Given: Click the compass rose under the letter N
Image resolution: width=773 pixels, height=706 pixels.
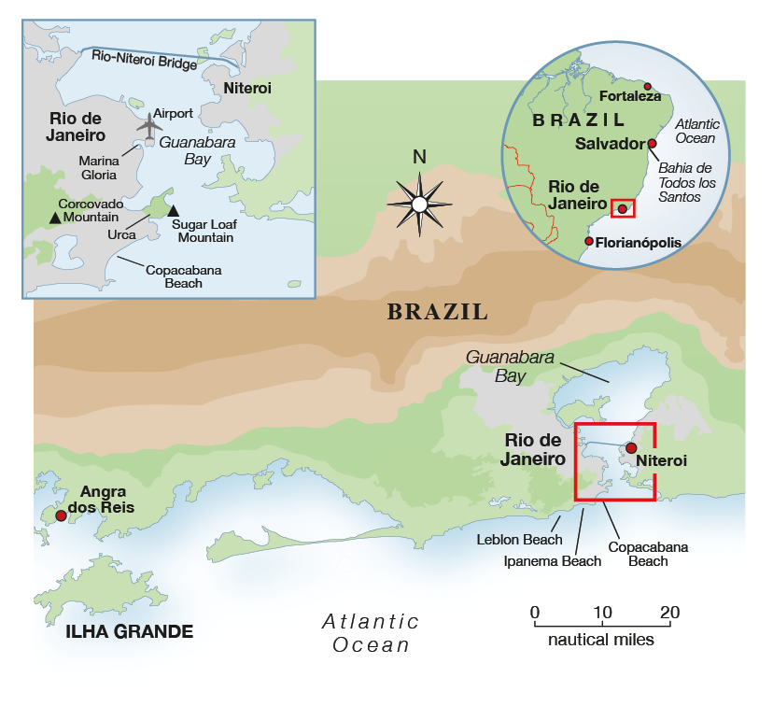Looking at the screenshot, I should [419, 204].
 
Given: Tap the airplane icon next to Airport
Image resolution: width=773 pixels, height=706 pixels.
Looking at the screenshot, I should [148, 124].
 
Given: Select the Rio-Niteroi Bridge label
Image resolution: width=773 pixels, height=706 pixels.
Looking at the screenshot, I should [145, 59].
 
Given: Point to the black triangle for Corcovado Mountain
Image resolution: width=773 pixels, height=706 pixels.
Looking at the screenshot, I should [56, 218].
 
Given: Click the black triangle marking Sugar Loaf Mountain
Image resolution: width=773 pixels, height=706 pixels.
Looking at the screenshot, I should [173, 211].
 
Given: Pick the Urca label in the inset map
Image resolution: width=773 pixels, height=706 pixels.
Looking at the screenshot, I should [121, 234].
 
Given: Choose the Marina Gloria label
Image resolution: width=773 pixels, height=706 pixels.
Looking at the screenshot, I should [98, 167].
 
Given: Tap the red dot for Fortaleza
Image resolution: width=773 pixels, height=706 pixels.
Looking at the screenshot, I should [648, 85].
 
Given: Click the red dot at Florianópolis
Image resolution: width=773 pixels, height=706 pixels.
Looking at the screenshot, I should [588, 242].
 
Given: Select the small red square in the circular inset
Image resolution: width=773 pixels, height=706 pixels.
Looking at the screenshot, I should [622, 209].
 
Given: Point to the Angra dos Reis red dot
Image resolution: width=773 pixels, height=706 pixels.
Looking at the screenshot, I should [61, 515].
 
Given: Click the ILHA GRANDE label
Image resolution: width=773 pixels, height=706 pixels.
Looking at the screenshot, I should [129, 632].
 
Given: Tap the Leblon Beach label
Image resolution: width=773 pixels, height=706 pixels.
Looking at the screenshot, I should [520, 540].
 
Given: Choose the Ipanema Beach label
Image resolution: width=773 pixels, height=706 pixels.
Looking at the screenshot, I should [553, 561].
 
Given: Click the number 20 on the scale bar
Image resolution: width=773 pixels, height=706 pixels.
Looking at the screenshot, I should [669, 613].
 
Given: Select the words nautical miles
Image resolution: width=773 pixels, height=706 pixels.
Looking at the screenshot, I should [601, 641].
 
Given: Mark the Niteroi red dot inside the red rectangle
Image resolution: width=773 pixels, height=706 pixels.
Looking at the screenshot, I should [630, 460].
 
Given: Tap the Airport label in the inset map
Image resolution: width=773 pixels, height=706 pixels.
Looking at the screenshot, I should [173, 113].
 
